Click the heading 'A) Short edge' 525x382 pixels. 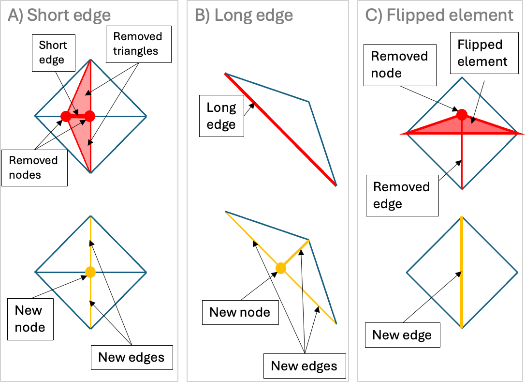click(x=59, y=15)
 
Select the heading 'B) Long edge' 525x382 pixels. click(x=244, y=15)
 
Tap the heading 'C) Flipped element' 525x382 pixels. click(x=439, y=15)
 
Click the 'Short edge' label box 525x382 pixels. click(x=53, y=53)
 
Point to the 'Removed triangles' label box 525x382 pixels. click(x=137, y=44)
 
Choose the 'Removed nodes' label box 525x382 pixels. click(x=33, y=168)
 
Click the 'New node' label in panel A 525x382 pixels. click(x=30, y=319)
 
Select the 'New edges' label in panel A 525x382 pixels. click(x=131, y=357)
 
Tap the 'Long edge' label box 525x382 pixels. click(x=221, y=116)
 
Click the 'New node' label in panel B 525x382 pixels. click(x=240, y=312)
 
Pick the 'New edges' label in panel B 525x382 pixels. click(x=304, y=366)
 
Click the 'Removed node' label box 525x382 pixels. click(x=399, y=64)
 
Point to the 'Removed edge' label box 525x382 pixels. click(x=401, y=195)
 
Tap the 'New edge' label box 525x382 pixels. click(x=402, y=335)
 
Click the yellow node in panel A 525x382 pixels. click(x=90, y=272)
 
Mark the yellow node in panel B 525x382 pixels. click(x=280, y=268)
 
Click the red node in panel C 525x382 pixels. click(x=462, y=115)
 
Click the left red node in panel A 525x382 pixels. click(x=66, y=116)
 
